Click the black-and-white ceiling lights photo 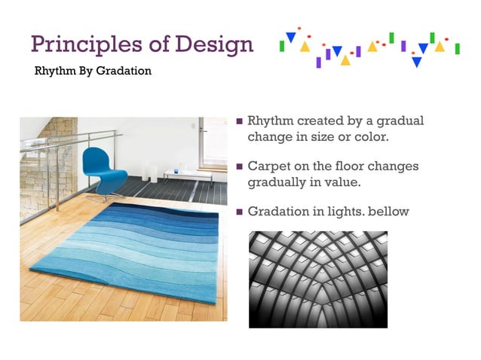click(317, 279)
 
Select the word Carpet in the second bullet click(271, 166)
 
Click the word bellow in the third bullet click(390, 212)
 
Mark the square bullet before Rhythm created click(240, 121)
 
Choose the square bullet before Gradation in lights click(240, 212)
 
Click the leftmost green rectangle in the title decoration click(281, 46)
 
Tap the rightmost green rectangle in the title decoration click(457, 48)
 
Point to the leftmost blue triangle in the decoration click(290, 37)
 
